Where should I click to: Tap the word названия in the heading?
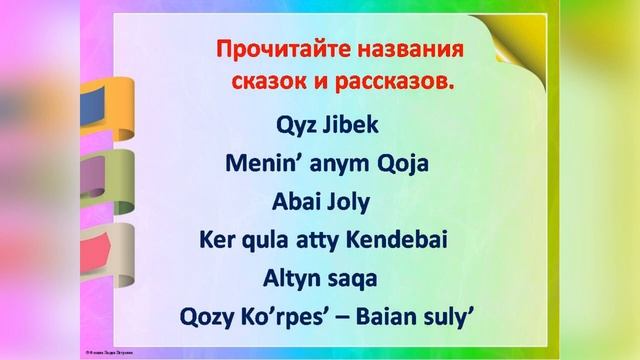[x=409, y=48]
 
